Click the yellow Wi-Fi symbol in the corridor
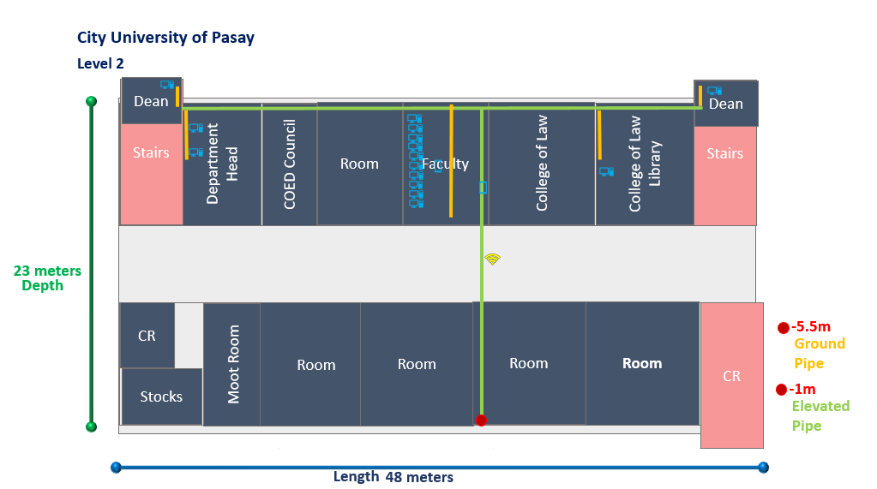(x=492, y=259)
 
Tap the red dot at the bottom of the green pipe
(x=481, y=420)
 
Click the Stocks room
(x=161, y=397)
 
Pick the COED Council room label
(x=290, y=164)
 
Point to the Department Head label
(x=222, y=163)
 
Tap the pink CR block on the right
(x=731, y=376)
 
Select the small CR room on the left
(x=147, y=336)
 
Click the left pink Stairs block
(x=151, y=153)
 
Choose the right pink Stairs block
(x=724, y=154)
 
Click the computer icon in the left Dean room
(x=167, y=85)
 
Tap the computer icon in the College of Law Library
(x=607, y=172)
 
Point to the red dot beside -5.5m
(x=783, y=328)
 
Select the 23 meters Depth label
(x=47, y=278)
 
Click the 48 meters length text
(x=418, y=477)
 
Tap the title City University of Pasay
(x=165, y=38)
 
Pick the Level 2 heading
(x=100, y=63)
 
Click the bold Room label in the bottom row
(x=642, y=363)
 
